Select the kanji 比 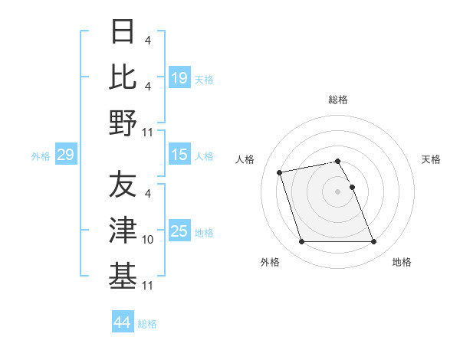coord(123,77)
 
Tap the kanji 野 coord(123,123)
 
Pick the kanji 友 coord(123,185)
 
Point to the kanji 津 coord(123,230)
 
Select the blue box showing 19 coord(179,77)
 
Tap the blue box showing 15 coord(179,155)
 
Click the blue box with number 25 coord(179,231)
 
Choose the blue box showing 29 coord(65,155)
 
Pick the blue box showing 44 coord(122,322)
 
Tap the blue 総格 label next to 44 coord(147,324)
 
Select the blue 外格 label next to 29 coord(41,156)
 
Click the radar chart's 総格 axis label coord(338,100)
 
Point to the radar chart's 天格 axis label coord(431,159)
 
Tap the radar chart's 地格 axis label coord(402,262)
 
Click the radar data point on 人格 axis coord(280,172)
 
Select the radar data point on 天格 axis coord(352,187)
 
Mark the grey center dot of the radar coord(338,191)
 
